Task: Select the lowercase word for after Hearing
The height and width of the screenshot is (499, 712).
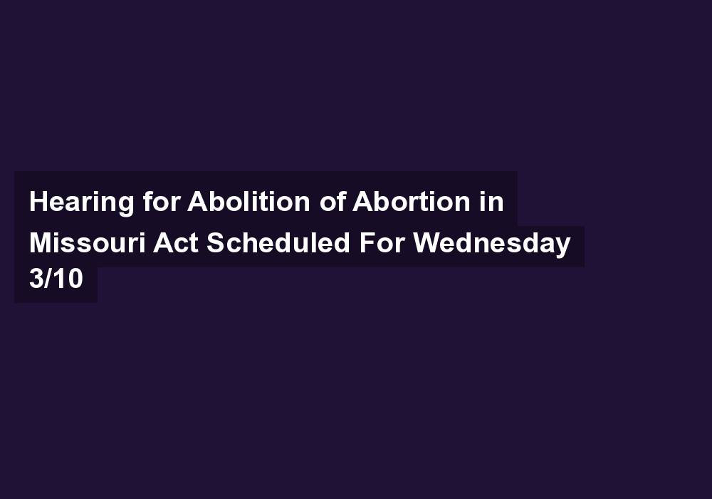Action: point(162,200)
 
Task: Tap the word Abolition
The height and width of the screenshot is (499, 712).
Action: point(248,200)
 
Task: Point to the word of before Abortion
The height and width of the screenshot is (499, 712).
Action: point(333,200)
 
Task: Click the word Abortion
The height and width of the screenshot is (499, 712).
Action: point(412,200)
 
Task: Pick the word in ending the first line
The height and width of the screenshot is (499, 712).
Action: point(491,200)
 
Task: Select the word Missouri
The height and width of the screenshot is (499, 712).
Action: point(88,242)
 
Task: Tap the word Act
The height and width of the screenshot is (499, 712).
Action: point(176,242)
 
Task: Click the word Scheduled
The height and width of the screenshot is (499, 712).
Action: point(278,242)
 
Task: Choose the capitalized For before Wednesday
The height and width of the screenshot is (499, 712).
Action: point(382,242)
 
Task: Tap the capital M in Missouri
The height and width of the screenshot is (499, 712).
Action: point(41,242)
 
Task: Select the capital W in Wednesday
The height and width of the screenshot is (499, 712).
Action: point(428,242)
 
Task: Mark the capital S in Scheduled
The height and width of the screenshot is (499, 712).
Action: point(216,242)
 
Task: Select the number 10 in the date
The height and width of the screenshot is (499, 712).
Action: point(68,278)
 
